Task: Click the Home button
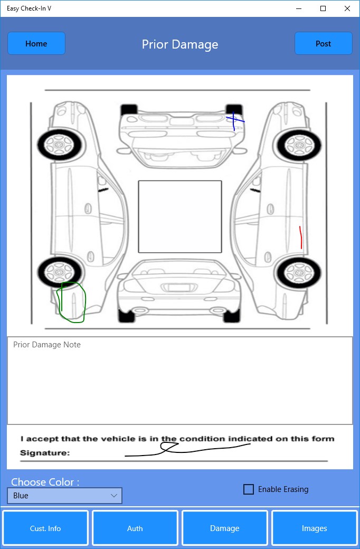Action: [36, 43]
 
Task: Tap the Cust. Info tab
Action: [45, 528]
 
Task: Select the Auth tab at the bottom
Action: [135, 528]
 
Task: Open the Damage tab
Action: [224, 528]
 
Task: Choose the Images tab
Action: [314, 528]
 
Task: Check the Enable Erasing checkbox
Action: [248, 489]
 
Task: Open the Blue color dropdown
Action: [65, 496]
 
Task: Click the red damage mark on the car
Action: [300, 238]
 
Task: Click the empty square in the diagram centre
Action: [180, 216]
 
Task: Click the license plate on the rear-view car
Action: [179, 288]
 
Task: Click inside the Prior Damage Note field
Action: [180, 381]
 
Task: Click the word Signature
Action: [45, 453]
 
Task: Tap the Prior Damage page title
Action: [180, 44]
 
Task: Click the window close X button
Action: [347, 8]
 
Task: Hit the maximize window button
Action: [323, 8]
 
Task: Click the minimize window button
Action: [299, 8]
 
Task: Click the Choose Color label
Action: [45, 482]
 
